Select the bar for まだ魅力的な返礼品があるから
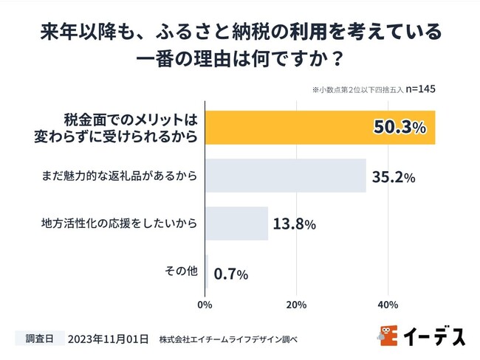[x=285, y=175]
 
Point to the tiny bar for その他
[x=207, y=271]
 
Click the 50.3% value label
[x=400, y=127]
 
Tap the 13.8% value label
[x=293, y=224]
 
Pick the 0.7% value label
[x=230, y=274]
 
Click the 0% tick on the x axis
[x=205, y=304]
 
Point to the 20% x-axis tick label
[x=296, y=304]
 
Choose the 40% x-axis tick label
[x=388, y=304]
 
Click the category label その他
[x=181, y=271]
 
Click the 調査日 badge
[x=38, y=339]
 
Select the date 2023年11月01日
[x=108, y=339]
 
